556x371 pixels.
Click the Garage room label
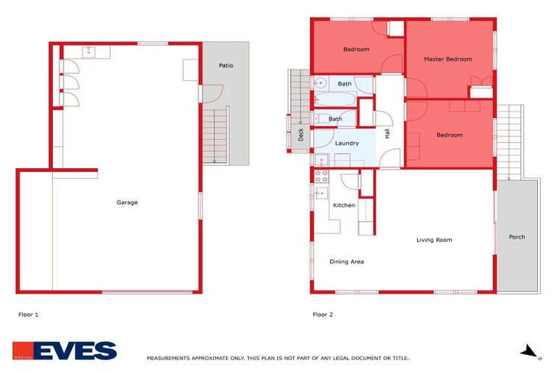coord(127,202)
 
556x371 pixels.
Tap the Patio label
coord(225,65)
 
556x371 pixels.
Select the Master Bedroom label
coord(447,59)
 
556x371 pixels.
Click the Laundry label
coord(346,143)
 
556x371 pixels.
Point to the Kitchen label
coord(344,205)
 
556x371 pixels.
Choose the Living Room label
coord(434,240)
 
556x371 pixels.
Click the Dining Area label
coord(346,262)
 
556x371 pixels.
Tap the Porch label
coord(517,237)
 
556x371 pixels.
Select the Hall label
coord(387,133)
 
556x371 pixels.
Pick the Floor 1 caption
coord(28,314)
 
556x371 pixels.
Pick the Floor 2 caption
coord(323,314)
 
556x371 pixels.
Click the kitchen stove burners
coord(321,175)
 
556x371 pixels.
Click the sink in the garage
coord(89,51)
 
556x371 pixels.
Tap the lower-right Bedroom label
coord(449,135)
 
